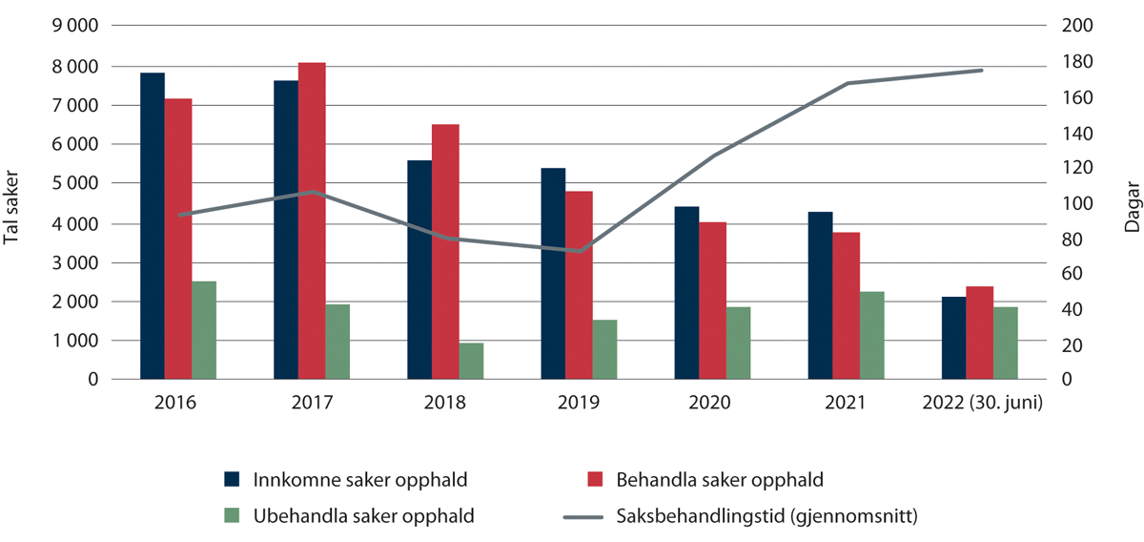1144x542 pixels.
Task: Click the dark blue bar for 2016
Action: pyautogui.click(x=153, y=226)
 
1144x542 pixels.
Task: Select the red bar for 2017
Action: pyautogui.click(x=312, y=221)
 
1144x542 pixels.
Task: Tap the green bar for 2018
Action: pyautogui.click(x=445, y=361)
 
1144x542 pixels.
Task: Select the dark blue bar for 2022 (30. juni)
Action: pyautogui.click(x=953, y=338)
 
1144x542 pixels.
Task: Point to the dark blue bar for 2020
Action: pyautogui.click(x=686, y=293)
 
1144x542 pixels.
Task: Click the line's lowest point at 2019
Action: pyautogui.click(x=579, y=252)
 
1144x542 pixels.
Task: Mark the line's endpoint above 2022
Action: pyautogui.click(x=981, y=70)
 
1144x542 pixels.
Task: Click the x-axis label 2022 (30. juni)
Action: pyautogui.click(x=982, y=403)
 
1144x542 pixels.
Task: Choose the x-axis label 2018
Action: pyautogui.click(x=445, y=403)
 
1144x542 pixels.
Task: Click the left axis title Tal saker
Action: pyautogui.click(x=13, y=203)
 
